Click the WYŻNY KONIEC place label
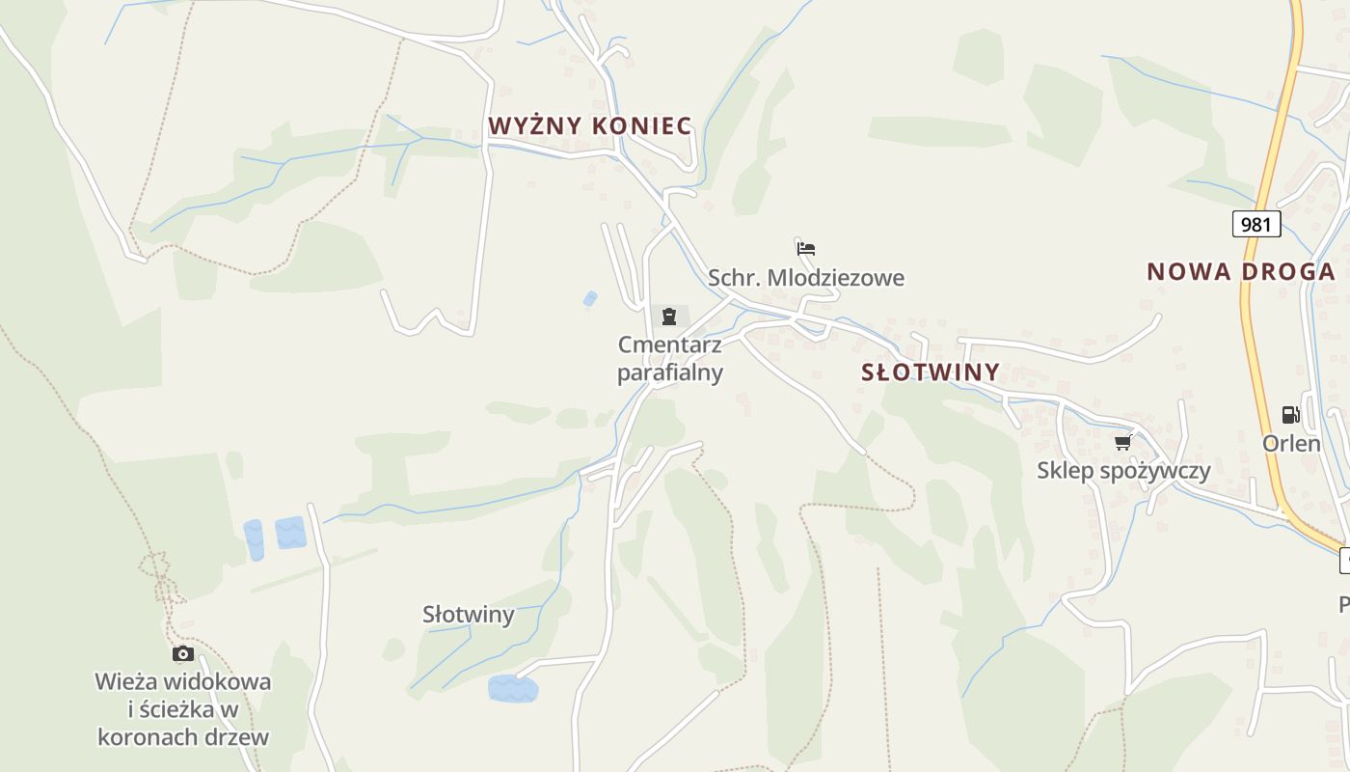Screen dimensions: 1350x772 pos(589,126)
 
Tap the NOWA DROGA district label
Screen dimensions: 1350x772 pos(1240,272)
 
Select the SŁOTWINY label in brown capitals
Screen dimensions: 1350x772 pos(930,372)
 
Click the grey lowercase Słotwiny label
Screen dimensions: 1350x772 pos(469,615)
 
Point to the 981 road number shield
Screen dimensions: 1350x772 pos(1255,225)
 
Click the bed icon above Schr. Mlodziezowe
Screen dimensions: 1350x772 pos(806,248)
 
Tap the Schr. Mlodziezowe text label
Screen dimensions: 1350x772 pos(806,279)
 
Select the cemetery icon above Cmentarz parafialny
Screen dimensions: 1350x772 pos(669,316)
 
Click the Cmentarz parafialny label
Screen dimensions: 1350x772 pos(670,358)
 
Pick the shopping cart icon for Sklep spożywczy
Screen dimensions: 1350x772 pos(1122,442)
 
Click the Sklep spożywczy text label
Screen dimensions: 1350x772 pos(1123,471)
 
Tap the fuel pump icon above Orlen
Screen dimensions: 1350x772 pos(1290,415)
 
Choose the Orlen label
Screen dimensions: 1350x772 pos(1291,444)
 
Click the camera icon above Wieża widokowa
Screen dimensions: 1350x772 pos(182,654)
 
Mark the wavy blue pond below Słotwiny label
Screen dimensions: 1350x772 pos(512,689)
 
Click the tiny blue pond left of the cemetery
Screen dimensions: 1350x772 pos(590,299)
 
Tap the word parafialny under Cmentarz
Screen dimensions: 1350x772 pos(670,372)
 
